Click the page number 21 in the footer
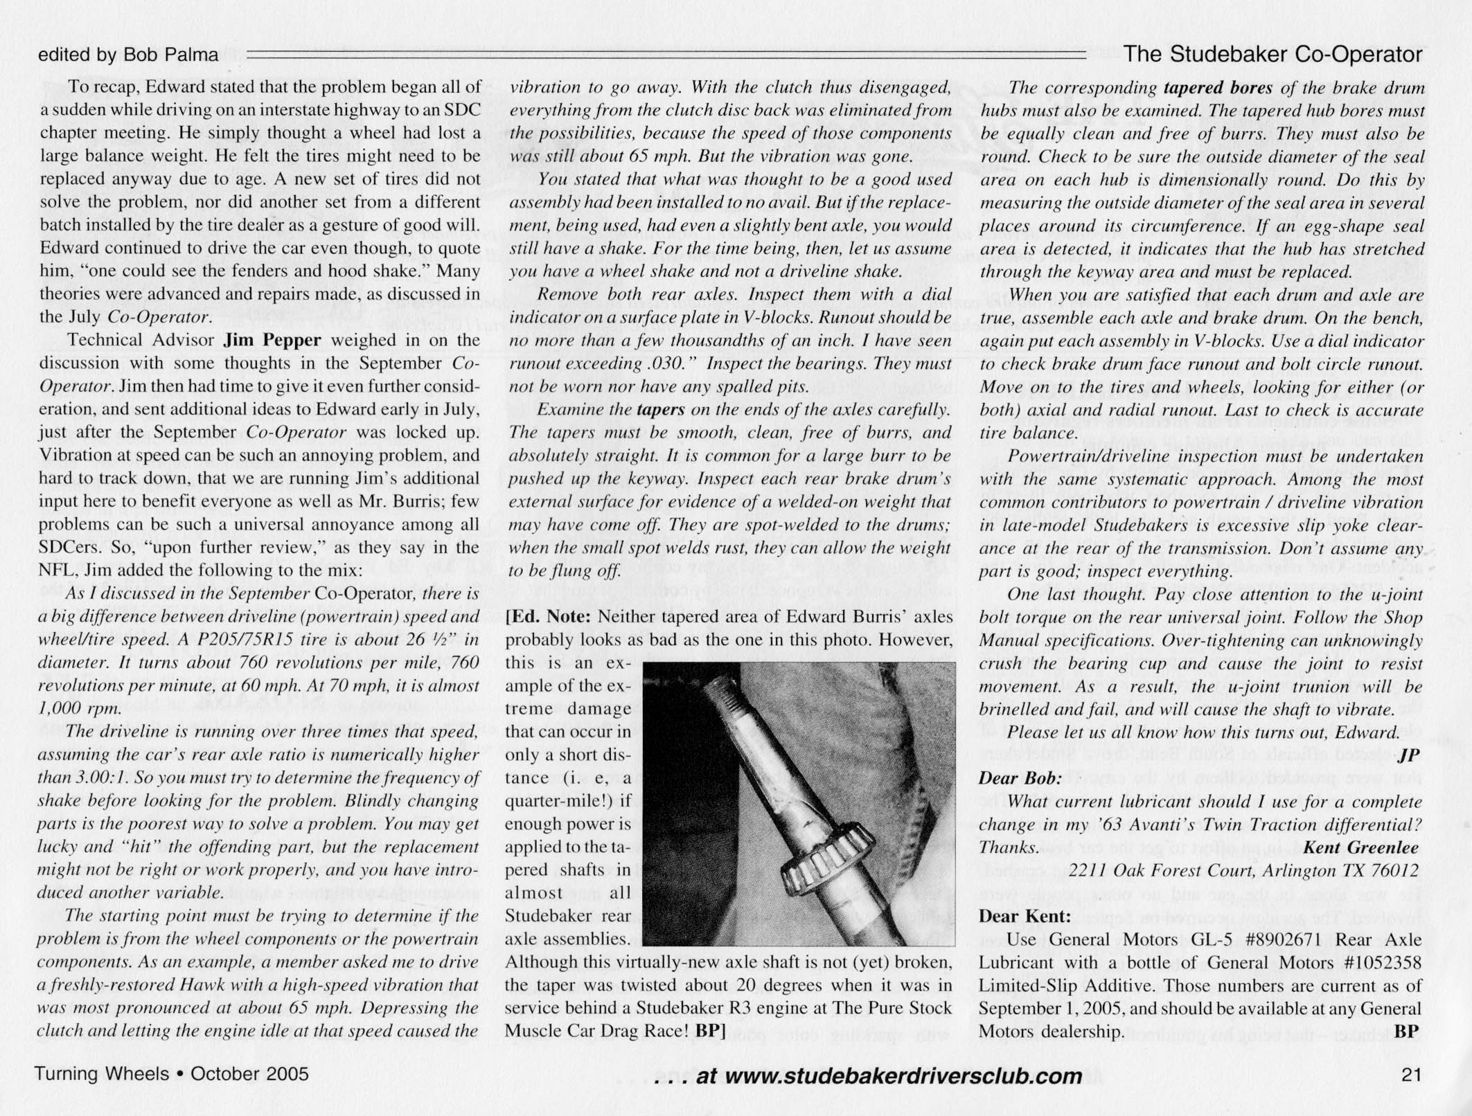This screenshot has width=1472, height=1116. (x=1411, y=1074)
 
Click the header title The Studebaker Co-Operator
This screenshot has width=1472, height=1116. (x=1273, y=54)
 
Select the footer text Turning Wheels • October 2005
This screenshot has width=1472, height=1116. (x=172, y=1074)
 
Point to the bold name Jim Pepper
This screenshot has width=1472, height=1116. (x=272, y=341)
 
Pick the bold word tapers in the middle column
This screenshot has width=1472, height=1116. (x=660, y=409)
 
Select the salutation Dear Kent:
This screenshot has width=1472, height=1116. (x=1024, y=917)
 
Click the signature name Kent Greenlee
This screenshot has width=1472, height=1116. (x=1360, y=847)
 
